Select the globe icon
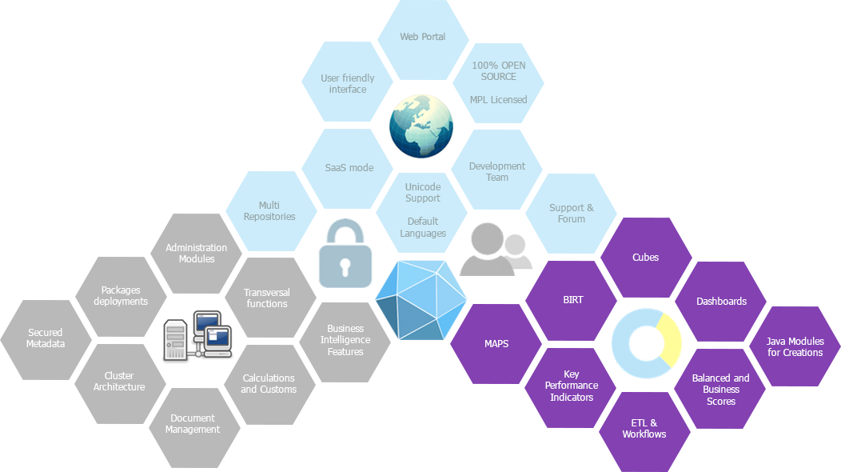(421, 126)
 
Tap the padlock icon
(345, 254)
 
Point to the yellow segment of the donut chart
(669, 340)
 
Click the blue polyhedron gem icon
(421, 301)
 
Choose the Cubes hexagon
(646, 258)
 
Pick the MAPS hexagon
(496, 344)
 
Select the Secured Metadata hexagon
(46, 339)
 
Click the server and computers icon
(198, 335)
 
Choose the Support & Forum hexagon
(572, 213)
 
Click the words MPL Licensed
(498, 100)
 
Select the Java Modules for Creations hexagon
(795, 346)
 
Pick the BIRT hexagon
(572, 301)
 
